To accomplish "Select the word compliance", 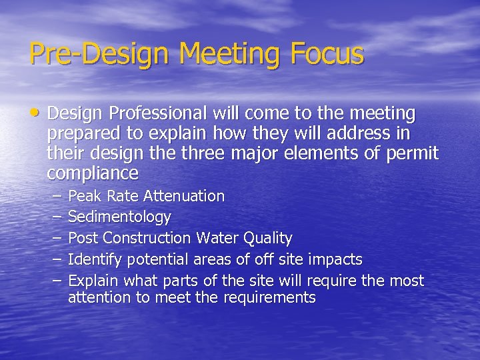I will pos(93,174).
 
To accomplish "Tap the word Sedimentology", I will pos(119,217).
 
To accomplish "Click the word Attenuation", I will pos(184,196).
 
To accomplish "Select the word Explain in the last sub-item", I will pos(94,281).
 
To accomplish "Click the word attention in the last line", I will pos(99,298).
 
